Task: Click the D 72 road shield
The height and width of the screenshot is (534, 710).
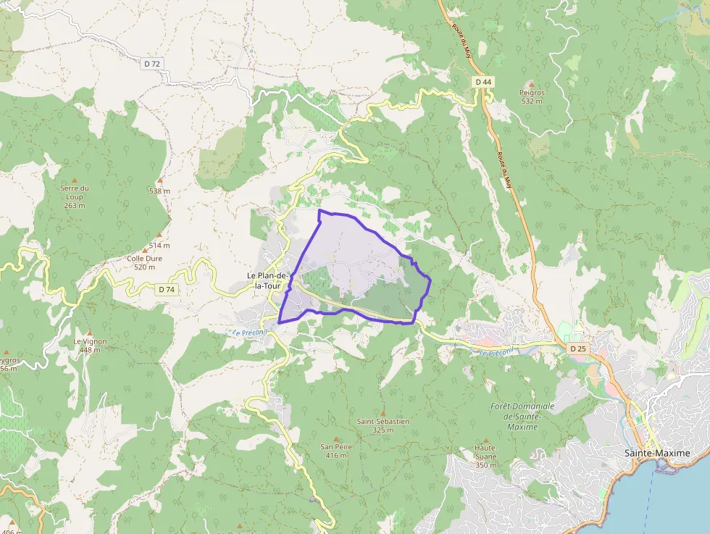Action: [x=151, y=64]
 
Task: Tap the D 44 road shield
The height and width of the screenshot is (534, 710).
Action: [x=483, y=82]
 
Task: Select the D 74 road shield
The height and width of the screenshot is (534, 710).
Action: [x=167, y=290]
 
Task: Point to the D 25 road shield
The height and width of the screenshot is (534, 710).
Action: [x=577, y=349]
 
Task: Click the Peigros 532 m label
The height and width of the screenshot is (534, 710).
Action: [x=532, y=96]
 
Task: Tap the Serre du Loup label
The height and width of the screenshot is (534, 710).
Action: [x=75, y=192]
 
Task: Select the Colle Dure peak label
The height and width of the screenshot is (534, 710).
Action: [x=145, y=262]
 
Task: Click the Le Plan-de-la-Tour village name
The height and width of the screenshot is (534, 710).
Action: [x=268, y=280]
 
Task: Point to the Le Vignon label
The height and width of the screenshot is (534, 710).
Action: [x=90, y=345]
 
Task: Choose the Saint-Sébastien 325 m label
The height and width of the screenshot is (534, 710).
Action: [x=383, y=425]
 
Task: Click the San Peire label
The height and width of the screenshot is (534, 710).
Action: [x=336, y=451]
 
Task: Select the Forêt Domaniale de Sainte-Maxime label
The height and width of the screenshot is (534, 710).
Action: [x=522, y=416]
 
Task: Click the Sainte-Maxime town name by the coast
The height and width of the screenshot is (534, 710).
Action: [x=657, y=453]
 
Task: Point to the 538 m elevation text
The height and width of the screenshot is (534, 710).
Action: [x=159, y=191]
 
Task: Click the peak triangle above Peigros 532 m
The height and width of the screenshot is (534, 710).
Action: [x=532, y=84]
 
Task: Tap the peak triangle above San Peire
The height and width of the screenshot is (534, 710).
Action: [x=336, y=438]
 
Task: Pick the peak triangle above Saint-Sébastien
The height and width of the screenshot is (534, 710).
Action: [x=383, y=413]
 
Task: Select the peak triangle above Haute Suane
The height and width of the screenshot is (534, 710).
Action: [x=485, y=439]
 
